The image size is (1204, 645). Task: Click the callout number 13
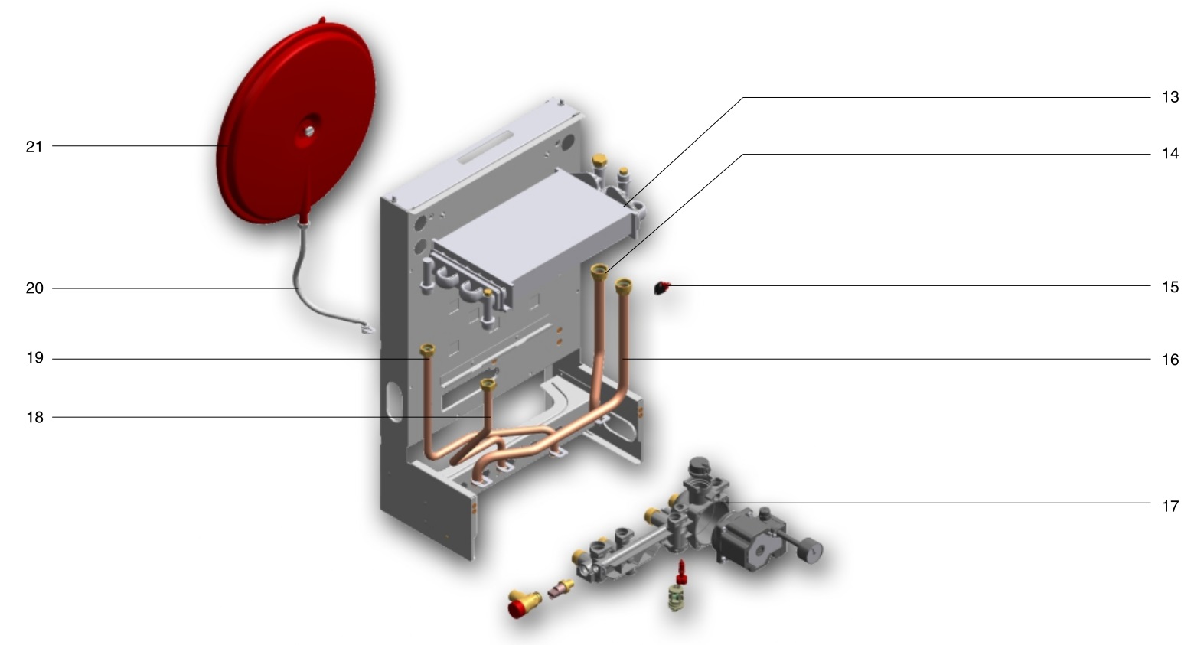pyautogui.click(x=1170, y=97)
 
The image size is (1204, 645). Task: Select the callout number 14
pyautogui.click(x=1170, y=154)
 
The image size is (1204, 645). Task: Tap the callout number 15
pyautogui.click(x=1170, y=287)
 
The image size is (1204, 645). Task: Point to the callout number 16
pyautogui.click(x=1170, y=360)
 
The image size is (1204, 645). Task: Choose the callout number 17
pyautogui.click(x=1170, y=507)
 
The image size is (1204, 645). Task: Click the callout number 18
pyautogui.click(x=35, y=417)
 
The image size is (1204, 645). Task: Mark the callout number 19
pyautogui.click(x=35, y=358)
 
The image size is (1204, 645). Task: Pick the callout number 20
pyautogui.click(x=35, y=288)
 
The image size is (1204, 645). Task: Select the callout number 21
pyautogui.click(x=34, y=147)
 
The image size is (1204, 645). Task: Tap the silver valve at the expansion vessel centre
pyautogui.click(x=309, y=131)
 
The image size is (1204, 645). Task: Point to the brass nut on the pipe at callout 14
pyautogui.click(x=599, y=272)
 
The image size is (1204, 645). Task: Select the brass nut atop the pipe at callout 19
pyautogui.click(x=428, y=350)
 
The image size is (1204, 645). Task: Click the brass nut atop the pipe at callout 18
pyautogui.click(x=488, y=384)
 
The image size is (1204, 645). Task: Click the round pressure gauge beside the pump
pyautogui.click(x=810, y=550)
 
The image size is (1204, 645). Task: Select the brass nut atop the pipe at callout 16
pyautogui.click(x=623, y=285)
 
